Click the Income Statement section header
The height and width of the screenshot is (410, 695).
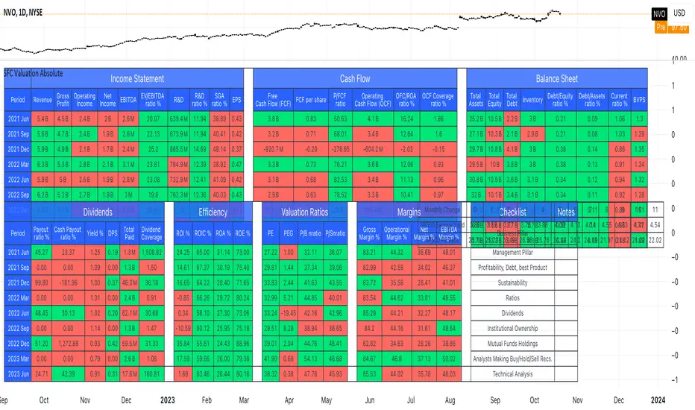[137, 78]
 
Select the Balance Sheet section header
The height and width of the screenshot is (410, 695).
[556, 78]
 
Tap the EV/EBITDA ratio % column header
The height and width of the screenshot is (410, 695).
[154, 99]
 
